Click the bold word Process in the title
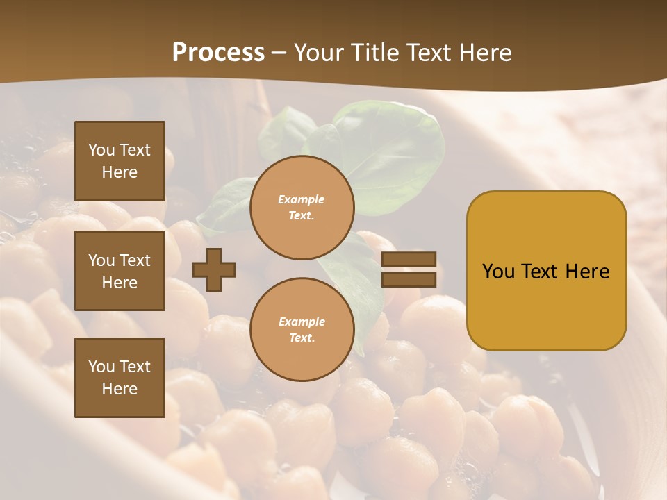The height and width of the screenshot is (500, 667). [x=218, y=53]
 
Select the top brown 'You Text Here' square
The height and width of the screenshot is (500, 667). [x=120, y=161]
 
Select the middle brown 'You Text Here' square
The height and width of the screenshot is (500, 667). [x=120, y=271]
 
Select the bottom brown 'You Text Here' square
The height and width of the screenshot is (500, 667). [x=120, y=378]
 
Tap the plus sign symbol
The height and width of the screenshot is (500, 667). [x=214, y=269]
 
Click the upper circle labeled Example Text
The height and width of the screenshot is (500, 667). [x=302, y=208]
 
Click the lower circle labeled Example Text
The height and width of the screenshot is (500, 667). [x=302, y=330]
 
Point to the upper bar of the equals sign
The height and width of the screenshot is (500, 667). [x=409, y=260]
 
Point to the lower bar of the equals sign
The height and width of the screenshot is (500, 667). [x=409, y=279]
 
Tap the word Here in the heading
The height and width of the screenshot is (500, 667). [x=482, y=53]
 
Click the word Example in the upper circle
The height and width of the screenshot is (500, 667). [x=302, y=200]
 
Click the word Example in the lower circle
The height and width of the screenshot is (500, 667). [x=302, y=322]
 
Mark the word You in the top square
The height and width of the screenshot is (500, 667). [x=101, y=150]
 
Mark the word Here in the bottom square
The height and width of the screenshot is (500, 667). [x=120, y=389]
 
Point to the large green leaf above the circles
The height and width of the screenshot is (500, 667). [x=389, y=153]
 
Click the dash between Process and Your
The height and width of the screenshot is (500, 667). [x=279, y=53]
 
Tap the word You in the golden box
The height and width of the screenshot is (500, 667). [x=498, y=272]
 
